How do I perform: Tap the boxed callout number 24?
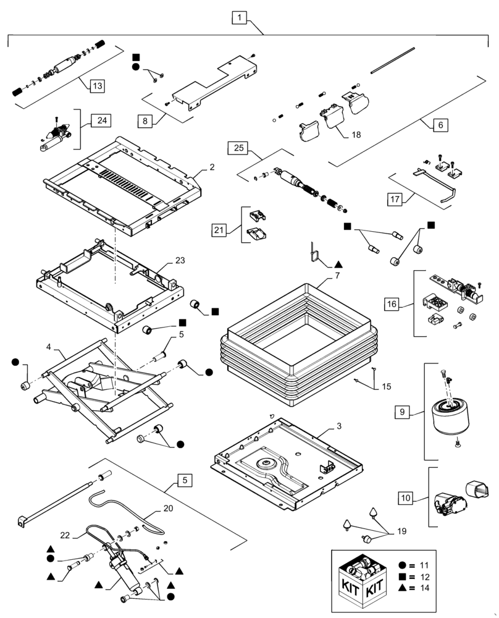click(x=101, y=121)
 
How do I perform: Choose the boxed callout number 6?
click(x=440, y=124)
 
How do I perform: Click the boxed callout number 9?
click(x=403, y=411)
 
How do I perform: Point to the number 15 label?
click(x=386, y=387)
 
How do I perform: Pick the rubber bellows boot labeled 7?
click(x=296, y=346)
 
